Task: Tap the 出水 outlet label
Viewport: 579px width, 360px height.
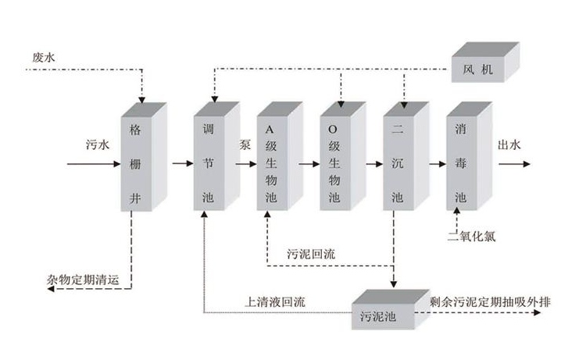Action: tap(509, 144)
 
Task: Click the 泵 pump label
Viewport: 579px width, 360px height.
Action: tap(245, 144)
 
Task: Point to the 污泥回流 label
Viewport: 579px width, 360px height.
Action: tap(313, 253)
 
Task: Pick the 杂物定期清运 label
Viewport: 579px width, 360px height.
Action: tap(88, 279)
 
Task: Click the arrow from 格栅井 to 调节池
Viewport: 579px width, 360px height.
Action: tap(181, 164)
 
